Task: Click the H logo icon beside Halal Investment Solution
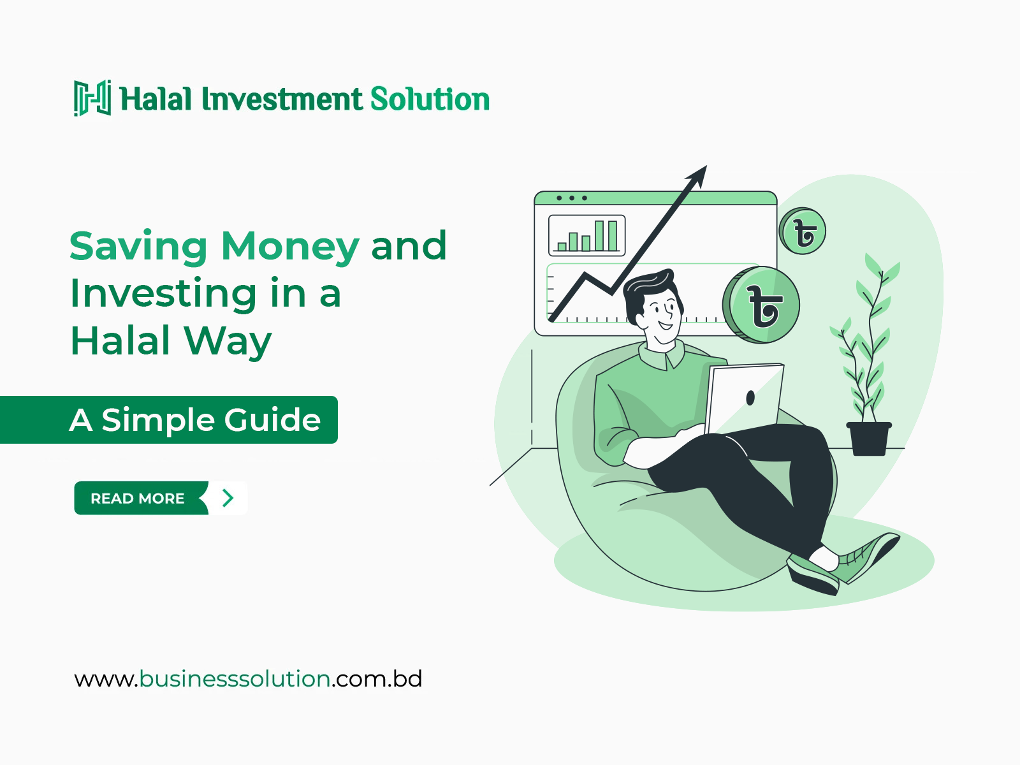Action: tap(92, 98)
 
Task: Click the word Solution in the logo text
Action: tap(430, 99)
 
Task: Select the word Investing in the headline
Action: tap(163, 295)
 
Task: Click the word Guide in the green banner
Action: tap(272, 420)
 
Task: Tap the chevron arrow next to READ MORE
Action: tap(228, 498)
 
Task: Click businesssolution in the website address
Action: tap(235, 679)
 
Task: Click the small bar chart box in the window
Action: tap(587, 235)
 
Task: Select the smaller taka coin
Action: tap(803, 231)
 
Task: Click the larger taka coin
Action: tap(761, 305)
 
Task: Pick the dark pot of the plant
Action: tap(868, 439)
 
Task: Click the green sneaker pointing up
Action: tap(868, 556)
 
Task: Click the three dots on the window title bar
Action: tap(572, 198)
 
